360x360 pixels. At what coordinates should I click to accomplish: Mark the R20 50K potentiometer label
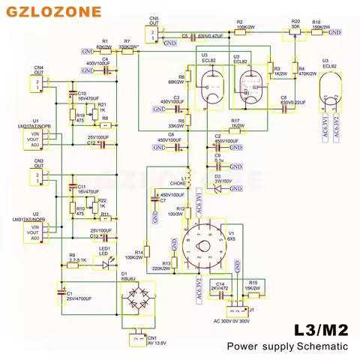pos(295,23)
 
